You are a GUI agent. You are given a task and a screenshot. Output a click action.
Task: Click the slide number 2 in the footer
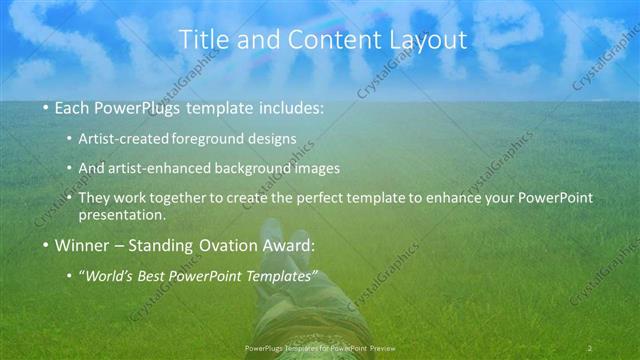click(589, 348)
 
